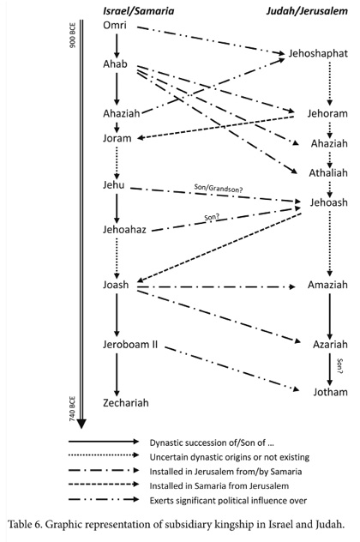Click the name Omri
[115, 25]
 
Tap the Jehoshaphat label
[318, 53]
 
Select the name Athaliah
[328, 173]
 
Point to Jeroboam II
[130, 345]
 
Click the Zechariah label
[126, 403]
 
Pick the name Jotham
[330, 392]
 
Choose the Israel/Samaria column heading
[138, 11]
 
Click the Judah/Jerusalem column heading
[307, 11]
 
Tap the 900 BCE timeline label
[73, 35]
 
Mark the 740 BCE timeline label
[73, 409]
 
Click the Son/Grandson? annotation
[219, 189]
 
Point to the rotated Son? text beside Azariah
[339, 366]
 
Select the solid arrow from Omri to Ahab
[117, 45]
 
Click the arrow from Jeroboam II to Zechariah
[117, 375]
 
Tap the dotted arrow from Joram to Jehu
[117, 162]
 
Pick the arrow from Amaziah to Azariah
[330, 316]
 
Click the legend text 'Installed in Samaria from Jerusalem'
[219, 486]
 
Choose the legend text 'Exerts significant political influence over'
[228, 501]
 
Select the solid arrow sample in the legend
[104, 442]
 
